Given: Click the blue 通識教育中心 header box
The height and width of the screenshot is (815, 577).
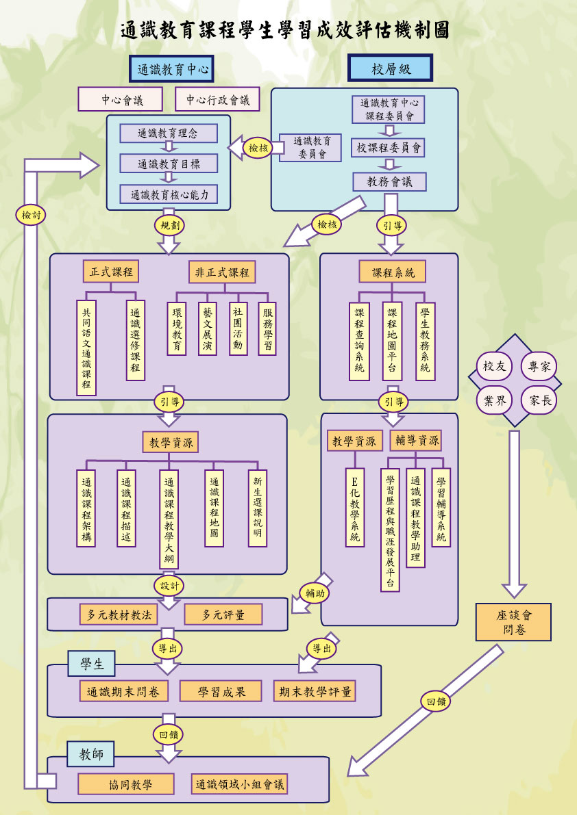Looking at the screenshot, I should [172, 69].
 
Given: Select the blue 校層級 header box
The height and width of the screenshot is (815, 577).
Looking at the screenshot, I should [390, 69].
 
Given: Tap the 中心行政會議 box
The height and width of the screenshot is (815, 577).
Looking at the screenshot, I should [218, 100].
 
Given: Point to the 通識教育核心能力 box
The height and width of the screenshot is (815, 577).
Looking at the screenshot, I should [169, 194].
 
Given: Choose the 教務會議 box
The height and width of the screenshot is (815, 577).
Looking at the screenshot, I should [390, 181].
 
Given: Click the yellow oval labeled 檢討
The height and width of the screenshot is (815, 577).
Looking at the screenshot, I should [32, 214].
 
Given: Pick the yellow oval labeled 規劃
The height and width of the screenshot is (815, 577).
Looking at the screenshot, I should [169, 224].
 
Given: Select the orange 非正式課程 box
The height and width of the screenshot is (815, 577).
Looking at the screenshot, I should [222, 272].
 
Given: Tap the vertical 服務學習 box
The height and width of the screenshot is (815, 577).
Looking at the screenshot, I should [267, 328].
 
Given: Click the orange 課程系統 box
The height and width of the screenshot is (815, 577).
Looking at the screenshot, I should [392, 272].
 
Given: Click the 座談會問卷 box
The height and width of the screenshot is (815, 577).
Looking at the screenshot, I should [513, 622].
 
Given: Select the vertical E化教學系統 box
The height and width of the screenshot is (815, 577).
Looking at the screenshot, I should [355, 507].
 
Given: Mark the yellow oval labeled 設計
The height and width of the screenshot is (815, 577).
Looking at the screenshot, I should [169, 586].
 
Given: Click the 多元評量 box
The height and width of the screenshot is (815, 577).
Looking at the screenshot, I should [223, 615].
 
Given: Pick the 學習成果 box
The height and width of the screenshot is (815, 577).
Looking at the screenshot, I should [221, 692].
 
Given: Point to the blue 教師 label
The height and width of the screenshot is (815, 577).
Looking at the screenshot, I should [91, 755].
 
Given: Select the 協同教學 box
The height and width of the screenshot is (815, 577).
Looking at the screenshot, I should [125, 784].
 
